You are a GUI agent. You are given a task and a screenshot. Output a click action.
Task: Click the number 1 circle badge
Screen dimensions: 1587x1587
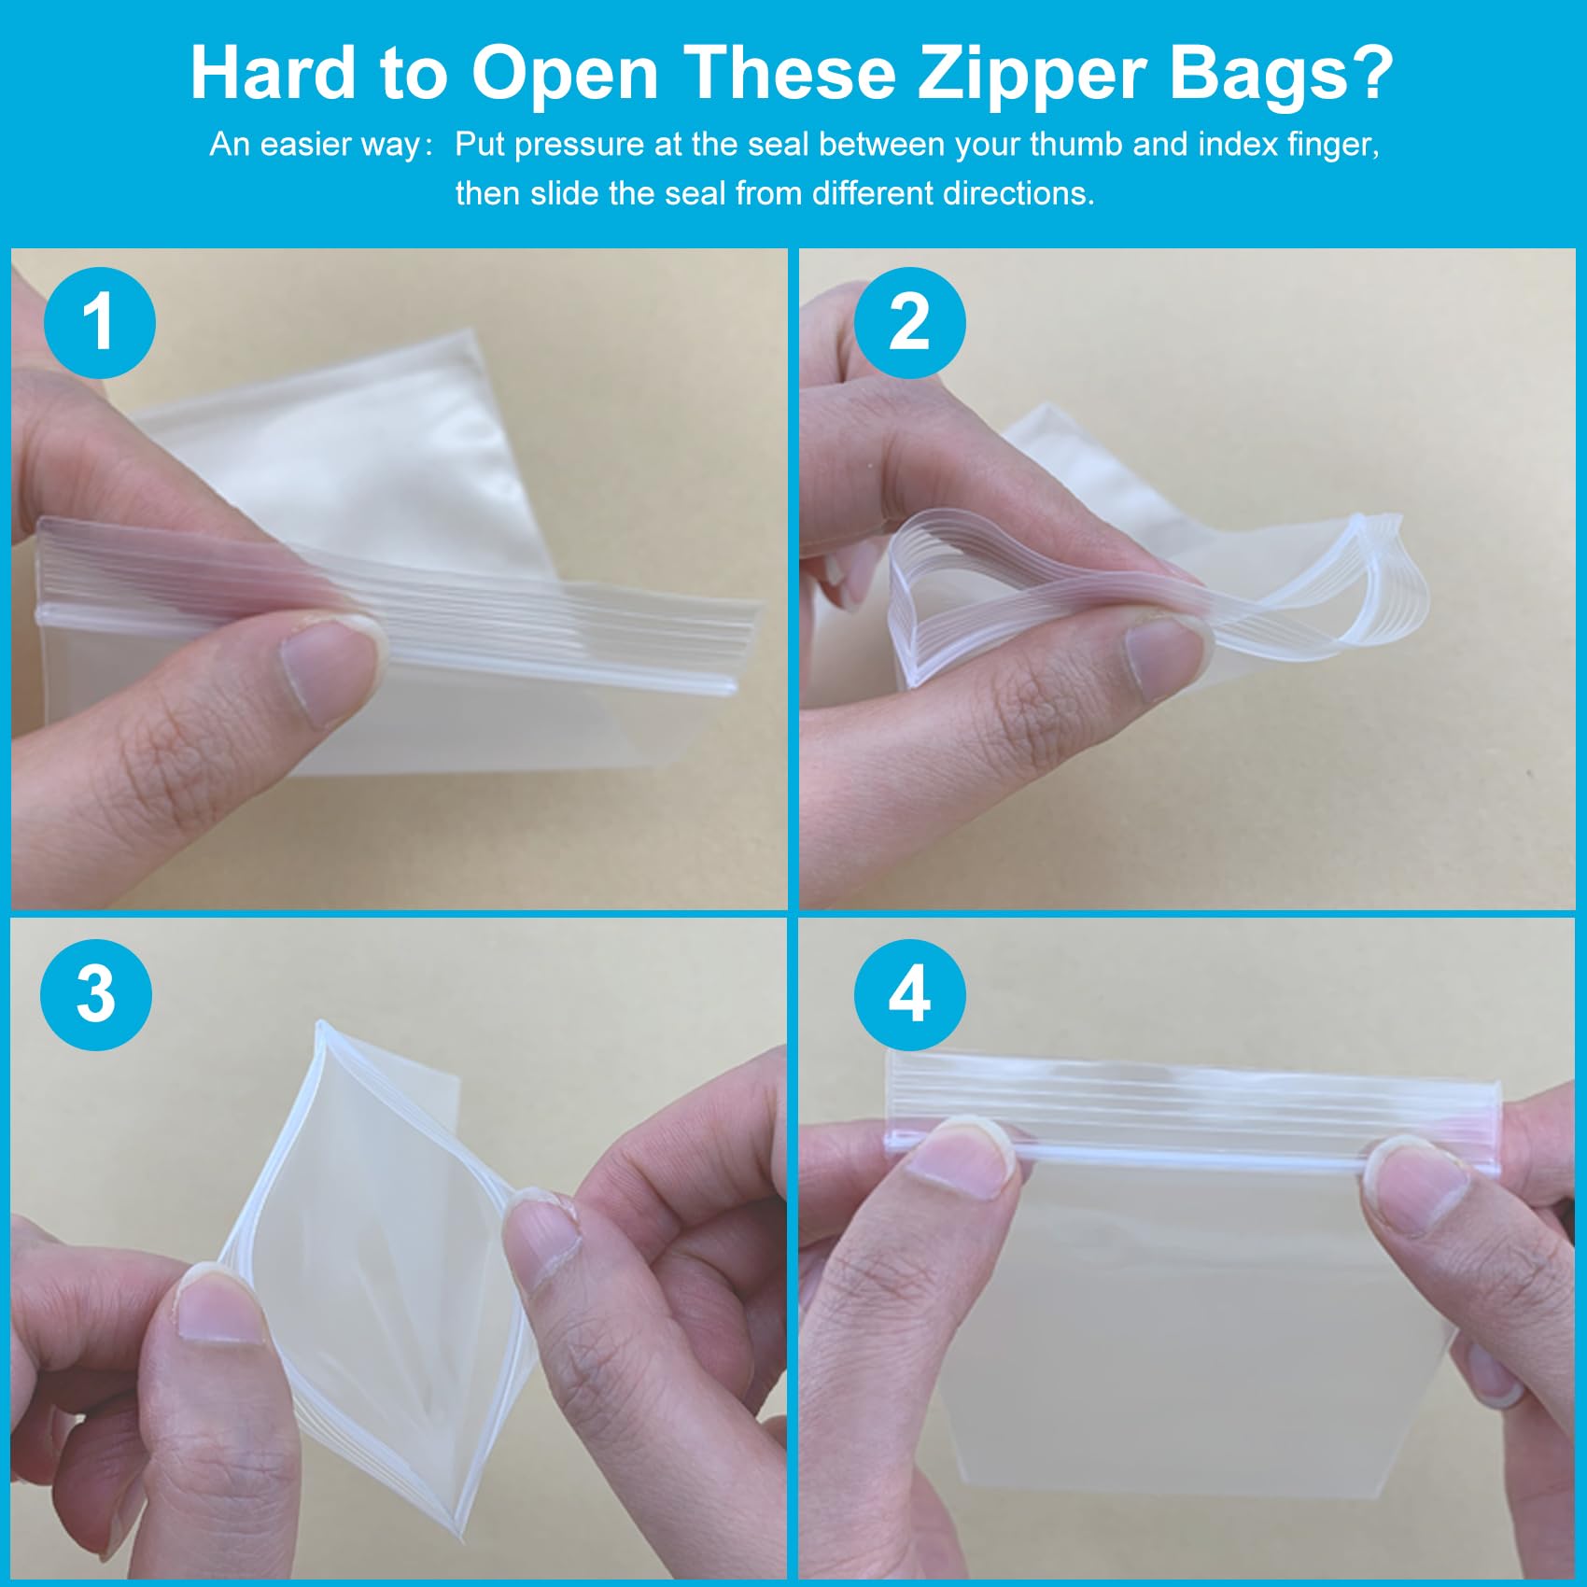click(100, 323)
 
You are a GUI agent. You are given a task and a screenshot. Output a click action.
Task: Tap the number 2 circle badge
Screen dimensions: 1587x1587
click(910, 323)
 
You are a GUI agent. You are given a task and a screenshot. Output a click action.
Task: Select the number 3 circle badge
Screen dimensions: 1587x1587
click(96, 995)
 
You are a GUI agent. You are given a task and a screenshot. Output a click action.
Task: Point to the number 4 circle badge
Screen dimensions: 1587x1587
click(910, 995)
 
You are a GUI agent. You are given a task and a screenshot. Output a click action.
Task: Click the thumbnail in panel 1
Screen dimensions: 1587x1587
click(332, 669)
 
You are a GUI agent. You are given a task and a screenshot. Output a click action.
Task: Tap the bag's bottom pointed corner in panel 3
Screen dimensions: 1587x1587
click(456, 1531)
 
